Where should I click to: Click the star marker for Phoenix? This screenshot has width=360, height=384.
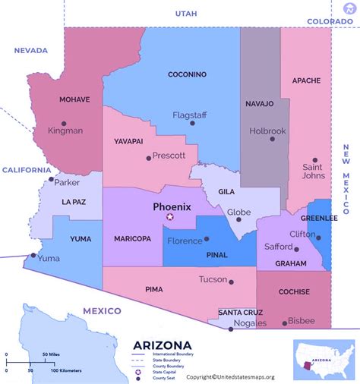click(170, 217)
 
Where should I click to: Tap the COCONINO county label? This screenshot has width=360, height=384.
click(188, 74)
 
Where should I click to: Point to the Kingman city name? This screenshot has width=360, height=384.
click(65, 131)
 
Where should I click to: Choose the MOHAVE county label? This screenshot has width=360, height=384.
click(75, 99)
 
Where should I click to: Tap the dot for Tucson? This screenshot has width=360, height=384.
click(231, 282)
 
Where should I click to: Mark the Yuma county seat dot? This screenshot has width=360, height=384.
click(32, 256)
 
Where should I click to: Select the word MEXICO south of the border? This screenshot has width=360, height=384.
click(103, 311)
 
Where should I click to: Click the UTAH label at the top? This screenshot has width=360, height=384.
click(185, 14)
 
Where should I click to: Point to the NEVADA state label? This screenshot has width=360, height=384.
click(31, 50)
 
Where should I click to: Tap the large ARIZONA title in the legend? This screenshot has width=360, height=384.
click(163, 345)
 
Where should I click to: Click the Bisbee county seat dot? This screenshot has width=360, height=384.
click(285, 323)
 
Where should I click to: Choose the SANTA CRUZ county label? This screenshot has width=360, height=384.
click(241, 312)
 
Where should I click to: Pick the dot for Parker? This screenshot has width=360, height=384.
click(52, 180)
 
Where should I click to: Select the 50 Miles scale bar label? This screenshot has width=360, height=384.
click(52, 355)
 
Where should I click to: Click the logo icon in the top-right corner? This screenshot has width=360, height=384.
click(349, 9)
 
